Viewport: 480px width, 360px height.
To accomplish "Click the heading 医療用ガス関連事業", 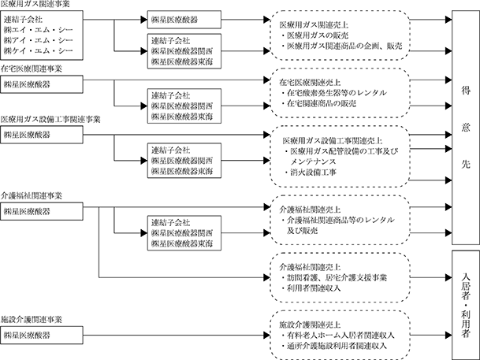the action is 35,4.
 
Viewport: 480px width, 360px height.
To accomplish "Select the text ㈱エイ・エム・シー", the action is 39,30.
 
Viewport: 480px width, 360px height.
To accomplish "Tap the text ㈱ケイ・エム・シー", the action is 39,50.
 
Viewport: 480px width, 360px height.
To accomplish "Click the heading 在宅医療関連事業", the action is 32,69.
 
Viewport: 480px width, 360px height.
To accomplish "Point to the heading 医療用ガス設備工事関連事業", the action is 50,119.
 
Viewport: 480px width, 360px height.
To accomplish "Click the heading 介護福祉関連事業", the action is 32,195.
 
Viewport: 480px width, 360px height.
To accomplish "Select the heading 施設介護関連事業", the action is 32,320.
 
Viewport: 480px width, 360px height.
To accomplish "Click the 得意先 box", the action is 466,128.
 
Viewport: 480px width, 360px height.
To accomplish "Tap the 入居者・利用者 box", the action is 466,305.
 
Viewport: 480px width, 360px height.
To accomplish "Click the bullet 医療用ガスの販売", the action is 314,35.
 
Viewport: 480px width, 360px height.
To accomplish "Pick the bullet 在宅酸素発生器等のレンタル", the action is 333,93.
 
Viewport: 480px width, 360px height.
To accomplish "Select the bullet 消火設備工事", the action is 310,173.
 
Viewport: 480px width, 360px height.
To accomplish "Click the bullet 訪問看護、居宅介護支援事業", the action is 334,278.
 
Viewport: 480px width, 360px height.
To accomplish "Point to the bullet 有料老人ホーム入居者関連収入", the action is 337,336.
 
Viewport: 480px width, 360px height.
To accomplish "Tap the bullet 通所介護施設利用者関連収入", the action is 334,346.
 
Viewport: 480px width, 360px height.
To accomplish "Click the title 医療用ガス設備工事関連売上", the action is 333,141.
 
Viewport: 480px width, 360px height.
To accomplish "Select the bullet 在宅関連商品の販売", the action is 318,103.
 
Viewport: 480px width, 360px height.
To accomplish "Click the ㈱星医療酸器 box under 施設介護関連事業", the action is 42,336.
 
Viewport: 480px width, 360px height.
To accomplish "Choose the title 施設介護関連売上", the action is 310,325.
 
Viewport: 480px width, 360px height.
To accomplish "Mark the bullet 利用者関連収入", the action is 311,288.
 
